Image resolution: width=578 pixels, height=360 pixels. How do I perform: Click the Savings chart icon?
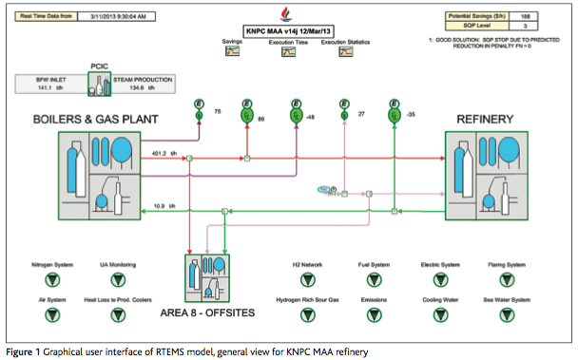coord(232,53)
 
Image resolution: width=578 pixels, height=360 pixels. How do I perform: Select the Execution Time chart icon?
coord(288,53)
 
